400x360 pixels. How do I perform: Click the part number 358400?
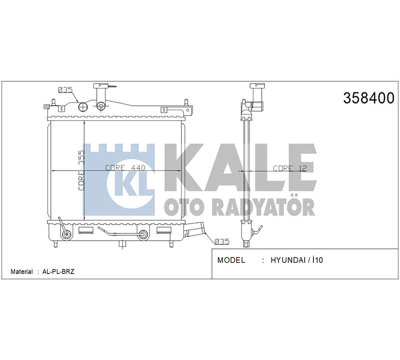(x=369, y=98)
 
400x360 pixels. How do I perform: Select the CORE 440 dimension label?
(x=125, y=168)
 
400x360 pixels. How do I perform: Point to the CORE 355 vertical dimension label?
(x=81, y=171)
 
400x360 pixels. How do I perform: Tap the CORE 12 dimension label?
(x=290, y=168)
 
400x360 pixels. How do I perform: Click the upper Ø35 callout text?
(x=65, y=90)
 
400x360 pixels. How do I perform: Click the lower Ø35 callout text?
(x=222, y=241)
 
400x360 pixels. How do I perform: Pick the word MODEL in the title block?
(x=231, y=260)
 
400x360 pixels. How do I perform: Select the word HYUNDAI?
(x=288, y=260)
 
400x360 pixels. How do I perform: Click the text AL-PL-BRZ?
(x=58, y=272)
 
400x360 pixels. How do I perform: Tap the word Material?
(x=22, y=272)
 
